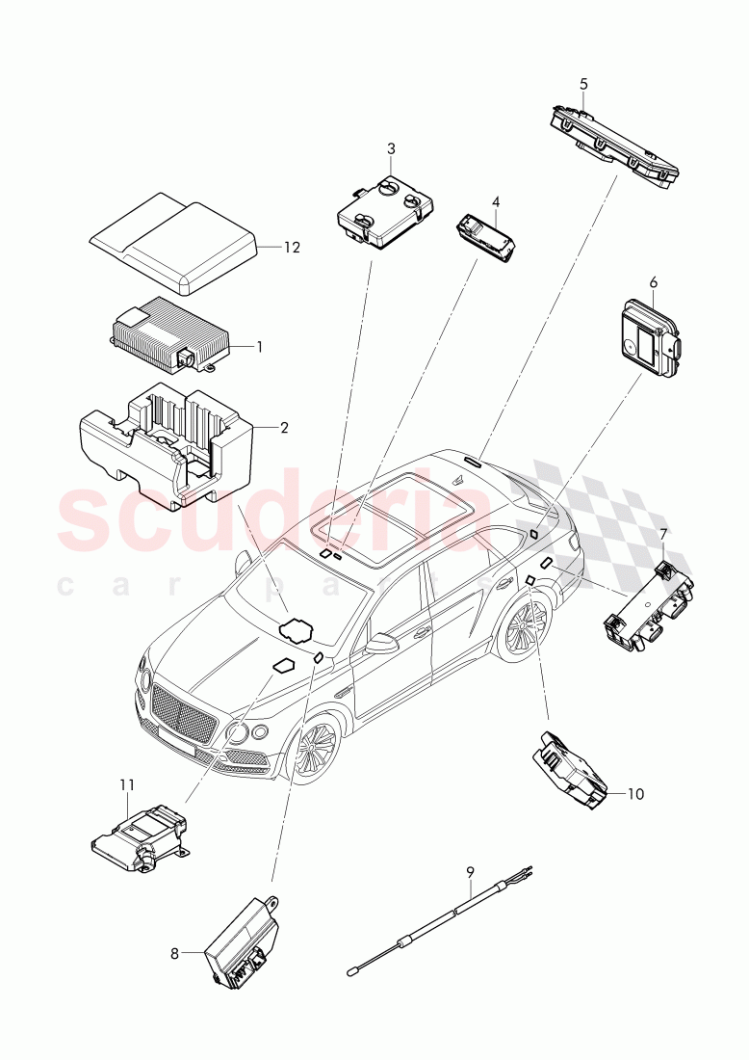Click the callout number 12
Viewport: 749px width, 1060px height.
(292, 248)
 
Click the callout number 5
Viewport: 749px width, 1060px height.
(584, 85)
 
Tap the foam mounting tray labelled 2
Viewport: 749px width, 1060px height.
(164, 443)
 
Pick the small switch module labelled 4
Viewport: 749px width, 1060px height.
(489, 236)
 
